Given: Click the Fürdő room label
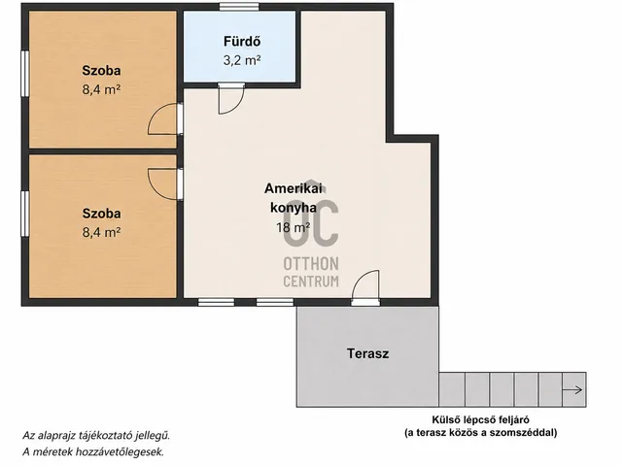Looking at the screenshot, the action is (242, 41).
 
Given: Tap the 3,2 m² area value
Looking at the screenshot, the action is (242, 60).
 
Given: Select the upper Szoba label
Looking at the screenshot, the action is (101, 71).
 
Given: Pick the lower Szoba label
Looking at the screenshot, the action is (101, 214).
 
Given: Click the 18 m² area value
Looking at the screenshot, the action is (294, 227).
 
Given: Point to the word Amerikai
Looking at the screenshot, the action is (294, 188).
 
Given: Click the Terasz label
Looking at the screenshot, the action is (367, 353).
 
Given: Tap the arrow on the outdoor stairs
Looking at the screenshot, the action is (572, 390).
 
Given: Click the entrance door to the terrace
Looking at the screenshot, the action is (365, 287).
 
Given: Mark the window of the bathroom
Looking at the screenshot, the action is (239, 7).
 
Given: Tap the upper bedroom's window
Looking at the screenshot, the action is (25, 74).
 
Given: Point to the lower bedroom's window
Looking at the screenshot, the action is (25, 214).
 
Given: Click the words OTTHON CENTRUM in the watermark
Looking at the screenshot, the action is (311, 272).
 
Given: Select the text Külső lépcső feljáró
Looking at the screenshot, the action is (481, 419).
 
